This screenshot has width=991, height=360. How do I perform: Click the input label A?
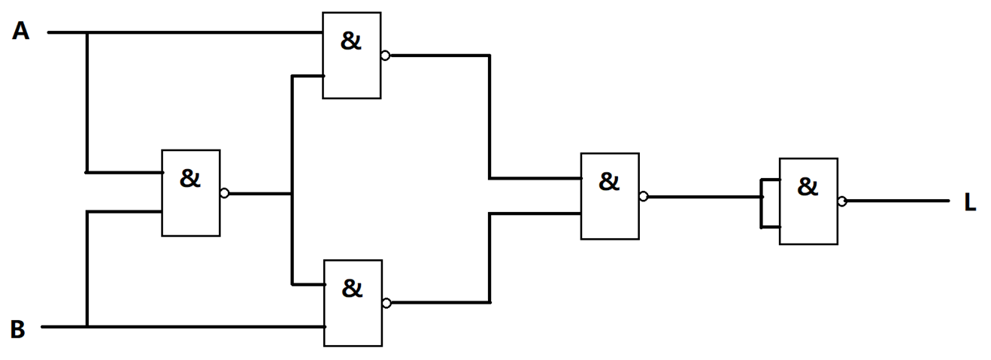click(21, 32)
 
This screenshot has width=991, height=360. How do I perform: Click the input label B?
click(18, 329)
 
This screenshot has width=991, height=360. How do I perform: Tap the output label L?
click(970, 203)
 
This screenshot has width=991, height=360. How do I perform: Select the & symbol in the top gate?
click(351, 41)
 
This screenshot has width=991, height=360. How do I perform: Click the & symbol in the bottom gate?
click(352, 289)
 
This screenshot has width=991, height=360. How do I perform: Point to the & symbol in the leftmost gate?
click(189, 178)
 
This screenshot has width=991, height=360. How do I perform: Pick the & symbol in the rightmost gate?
click(808, 186)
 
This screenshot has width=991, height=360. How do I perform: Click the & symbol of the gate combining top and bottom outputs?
click(609, 181)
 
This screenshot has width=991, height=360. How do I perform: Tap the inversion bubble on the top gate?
click(385, 56)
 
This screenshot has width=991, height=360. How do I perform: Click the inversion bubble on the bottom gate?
click(386, 304)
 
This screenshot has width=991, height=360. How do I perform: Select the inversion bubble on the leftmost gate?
click(225, 193)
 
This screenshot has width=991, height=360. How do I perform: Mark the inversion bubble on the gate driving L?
click(842, 201)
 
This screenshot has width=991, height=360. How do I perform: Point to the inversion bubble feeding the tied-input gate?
click(644, 196)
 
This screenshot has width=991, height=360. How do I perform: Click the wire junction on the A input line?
click(87, 32)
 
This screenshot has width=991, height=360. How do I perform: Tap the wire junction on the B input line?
click(87, 327)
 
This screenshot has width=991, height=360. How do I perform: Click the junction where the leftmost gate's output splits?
click(292, 194)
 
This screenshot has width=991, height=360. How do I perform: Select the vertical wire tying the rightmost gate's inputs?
click(762, 204)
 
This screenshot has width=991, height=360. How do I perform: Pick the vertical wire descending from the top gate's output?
click(489, 116)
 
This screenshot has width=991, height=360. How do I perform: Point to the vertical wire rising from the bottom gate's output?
click(489, 259)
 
